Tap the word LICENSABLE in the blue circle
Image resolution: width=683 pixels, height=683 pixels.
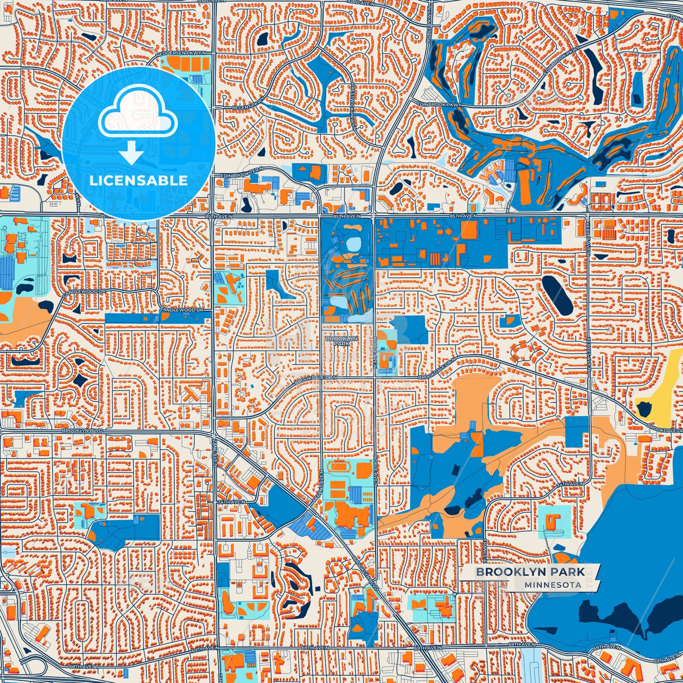pos(138,181)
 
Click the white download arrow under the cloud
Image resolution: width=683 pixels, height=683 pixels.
pos(131,152)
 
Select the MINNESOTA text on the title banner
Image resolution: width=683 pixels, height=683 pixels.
pos(553,585)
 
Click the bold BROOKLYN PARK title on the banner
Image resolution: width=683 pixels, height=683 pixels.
pos(530,571)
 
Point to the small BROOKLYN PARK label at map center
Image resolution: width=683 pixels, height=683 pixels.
pos(337,341)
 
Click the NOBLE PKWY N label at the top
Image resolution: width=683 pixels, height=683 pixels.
pos(428,28)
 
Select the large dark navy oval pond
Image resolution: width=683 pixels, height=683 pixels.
pos(557,295)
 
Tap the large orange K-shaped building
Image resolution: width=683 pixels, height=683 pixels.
pos(195,390)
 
